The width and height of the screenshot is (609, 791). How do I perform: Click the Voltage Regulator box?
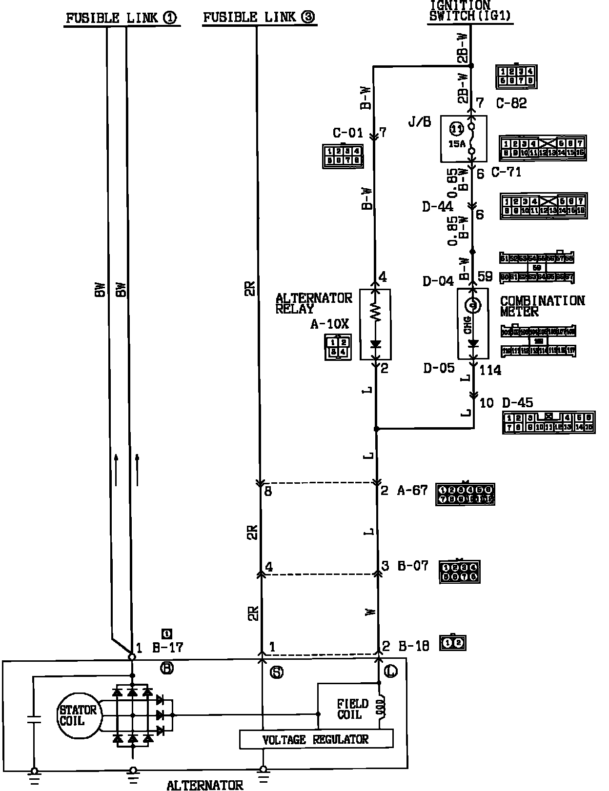coord(316,739)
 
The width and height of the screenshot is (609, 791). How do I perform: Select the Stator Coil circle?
coord(78,715)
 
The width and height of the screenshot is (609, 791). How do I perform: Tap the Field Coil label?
coord(352,709)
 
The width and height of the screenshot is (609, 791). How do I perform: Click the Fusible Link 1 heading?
coord(122,18)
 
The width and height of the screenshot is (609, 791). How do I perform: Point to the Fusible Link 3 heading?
coord(259,18)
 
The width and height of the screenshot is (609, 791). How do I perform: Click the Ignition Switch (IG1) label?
coord(470,11)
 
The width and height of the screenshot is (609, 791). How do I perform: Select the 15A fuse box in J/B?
coord(464,138)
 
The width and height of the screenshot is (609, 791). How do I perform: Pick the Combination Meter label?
coord(542,306)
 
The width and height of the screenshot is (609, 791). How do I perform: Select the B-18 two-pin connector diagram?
coord(453,643)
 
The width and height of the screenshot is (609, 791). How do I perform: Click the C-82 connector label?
coord(511,103)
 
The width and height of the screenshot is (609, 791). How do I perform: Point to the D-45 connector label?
coord(518,403)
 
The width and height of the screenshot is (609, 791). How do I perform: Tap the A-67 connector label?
coord(412,490)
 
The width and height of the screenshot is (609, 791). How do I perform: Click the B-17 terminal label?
coord(167,648)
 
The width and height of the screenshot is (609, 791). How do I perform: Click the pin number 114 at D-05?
coord(490,370)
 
